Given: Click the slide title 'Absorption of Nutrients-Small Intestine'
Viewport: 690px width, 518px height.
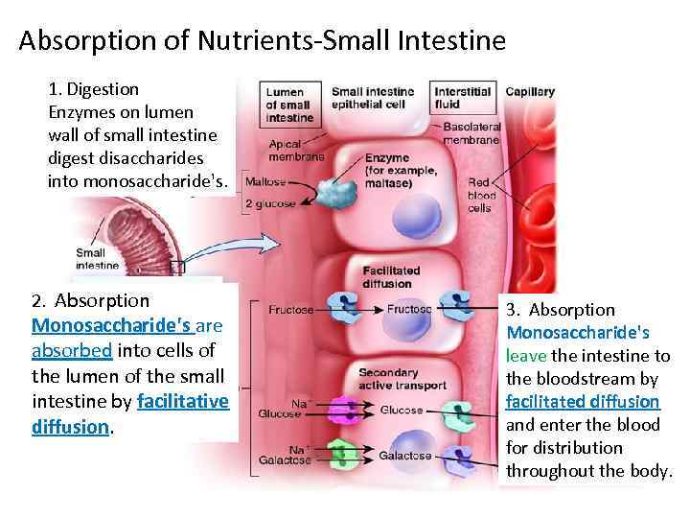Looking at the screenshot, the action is tap(261, 41).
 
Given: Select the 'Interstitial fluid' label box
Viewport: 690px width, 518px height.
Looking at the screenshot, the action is tap(461, 98).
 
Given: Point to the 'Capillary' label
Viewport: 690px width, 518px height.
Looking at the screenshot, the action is tap(530, 92).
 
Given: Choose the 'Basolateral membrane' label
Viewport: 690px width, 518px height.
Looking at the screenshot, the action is tap(471, 132).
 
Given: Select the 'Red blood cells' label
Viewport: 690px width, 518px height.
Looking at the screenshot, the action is tap(481, 195).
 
